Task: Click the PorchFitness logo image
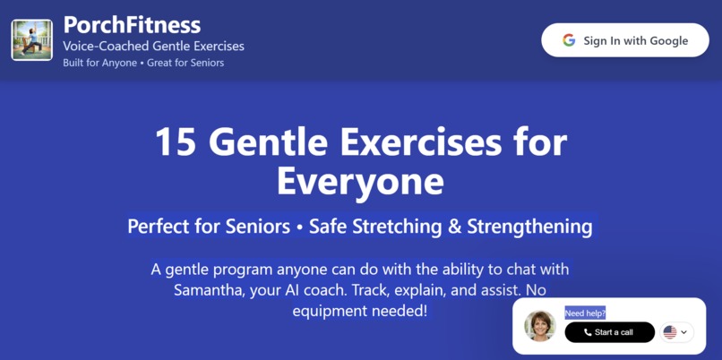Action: tap(31, 40)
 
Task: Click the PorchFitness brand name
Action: tap(132, 24)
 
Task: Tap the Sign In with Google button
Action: tap(625, 40)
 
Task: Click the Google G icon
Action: tap(569, 40)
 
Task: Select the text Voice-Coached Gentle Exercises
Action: tap(153, 46)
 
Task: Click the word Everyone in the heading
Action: tap(360, 182)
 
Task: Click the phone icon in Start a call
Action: tap(588, 332)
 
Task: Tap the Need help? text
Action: tap(585, 313)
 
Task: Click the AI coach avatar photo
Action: tap(540, 326)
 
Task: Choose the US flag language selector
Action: tap(670, 332)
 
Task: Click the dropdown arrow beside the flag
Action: tap(684, 332)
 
